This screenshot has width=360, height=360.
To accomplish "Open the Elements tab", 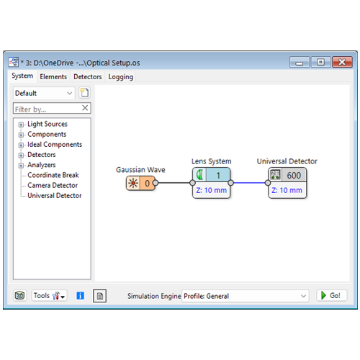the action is [53, 77].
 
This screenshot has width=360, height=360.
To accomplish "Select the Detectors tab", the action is [88, 77].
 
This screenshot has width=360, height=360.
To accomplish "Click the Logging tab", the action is [120, 77].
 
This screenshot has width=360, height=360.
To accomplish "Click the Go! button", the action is [331, 295].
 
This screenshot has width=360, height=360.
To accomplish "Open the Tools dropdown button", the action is [49, 296].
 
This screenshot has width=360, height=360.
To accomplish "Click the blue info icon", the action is [80, 296].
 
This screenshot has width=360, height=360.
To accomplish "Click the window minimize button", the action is [299, 63].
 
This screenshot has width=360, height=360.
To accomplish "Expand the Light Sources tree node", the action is [21, 125].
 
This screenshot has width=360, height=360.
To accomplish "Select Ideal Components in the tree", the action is [55, 145].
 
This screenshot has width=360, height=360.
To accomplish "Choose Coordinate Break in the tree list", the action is [53, 175].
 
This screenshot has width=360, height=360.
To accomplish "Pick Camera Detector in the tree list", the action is [53, 185].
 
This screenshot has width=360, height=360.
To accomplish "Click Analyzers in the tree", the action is [42, 165].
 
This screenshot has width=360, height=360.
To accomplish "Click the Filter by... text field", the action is [48, 109].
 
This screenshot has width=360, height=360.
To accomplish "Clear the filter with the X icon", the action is [85, 108].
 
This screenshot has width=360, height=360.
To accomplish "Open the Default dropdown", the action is [44, 93].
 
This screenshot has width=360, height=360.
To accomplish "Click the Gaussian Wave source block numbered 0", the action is [140, 183].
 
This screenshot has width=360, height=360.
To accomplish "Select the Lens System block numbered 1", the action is [211, 183].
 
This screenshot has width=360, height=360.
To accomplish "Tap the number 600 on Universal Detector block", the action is [294, 176].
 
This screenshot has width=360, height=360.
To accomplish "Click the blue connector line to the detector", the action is [249, 183].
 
